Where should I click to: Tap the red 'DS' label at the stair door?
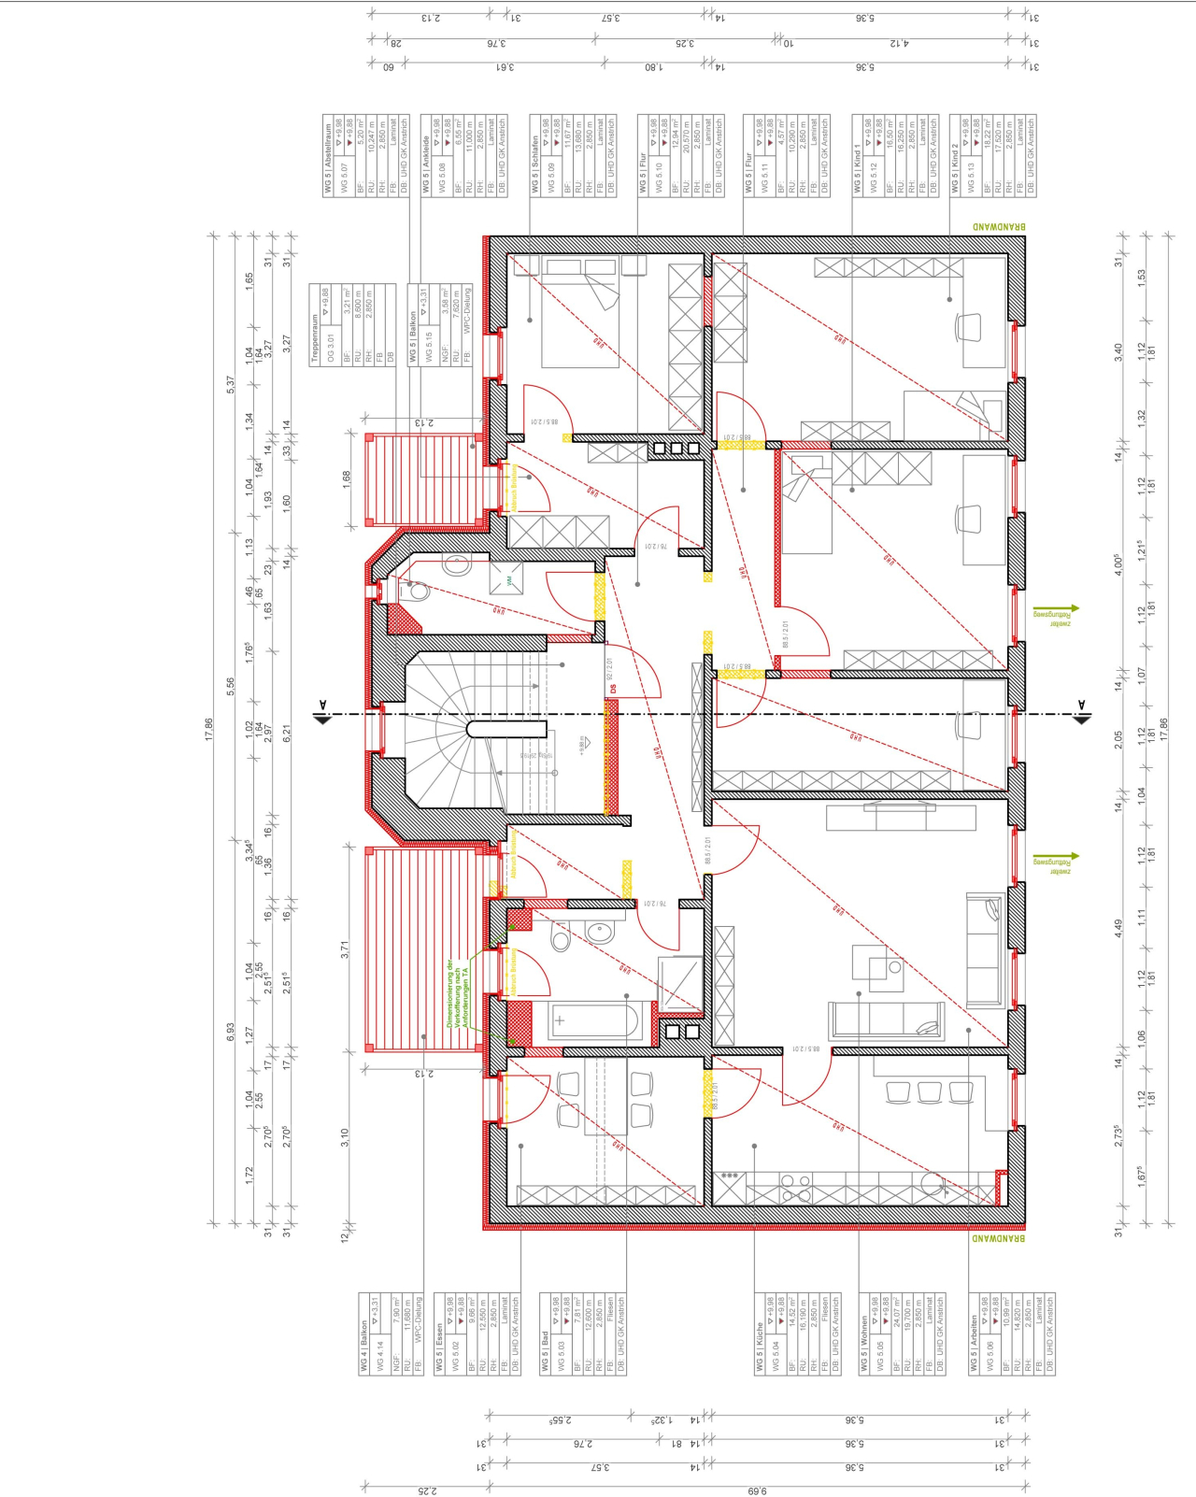click(x=613, y=689)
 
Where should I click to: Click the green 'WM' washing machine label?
click(x=509, y=581)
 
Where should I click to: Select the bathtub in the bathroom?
click(x=592, y=1020)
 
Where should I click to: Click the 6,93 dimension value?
click(x=231, y=1032)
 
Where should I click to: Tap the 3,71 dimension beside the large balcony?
click(x=344, y=949)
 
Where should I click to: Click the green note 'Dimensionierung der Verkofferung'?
click(x=457, y=994)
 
